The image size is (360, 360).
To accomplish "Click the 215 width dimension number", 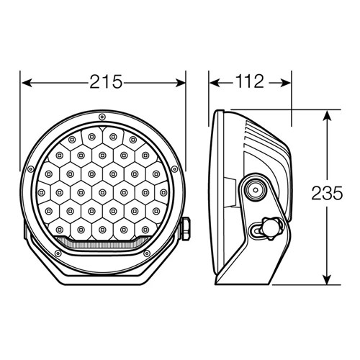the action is click(106, 82).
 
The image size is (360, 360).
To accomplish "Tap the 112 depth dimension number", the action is click(250, 81).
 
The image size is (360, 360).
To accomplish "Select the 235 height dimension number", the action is click(327, 193).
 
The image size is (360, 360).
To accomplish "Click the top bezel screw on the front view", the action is click(102, 117).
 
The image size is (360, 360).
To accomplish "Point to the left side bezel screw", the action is click(30, 169).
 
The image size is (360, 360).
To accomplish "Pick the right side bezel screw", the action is click(174, 169).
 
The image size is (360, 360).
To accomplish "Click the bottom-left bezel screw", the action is click(58, 253).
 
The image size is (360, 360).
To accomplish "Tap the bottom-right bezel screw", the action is click(147, 253).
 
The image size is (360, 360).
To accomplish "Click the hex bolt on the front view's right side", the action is click(186, 229).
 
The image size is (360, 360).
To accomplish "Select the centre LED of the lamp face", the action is click(102, 192).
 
